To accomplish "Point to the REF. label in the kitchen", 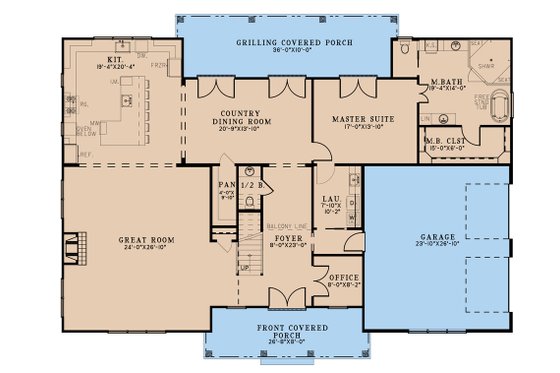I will tap(72, 154).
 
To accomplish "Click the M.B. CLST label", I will tap(447, 138).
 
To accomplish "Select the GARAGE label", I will tap(438, 236).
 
